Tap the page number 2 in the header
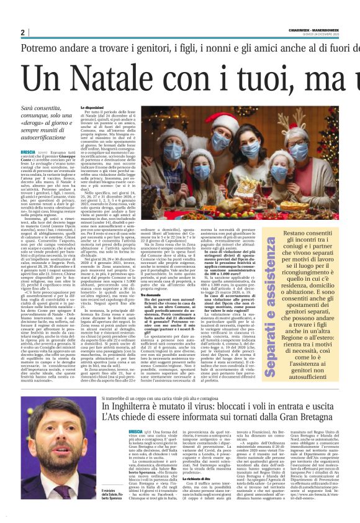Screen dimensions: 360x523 click(x=23, y=32)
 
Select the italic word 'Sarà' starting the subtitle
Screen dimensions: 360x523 click(x=29, y=108)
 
